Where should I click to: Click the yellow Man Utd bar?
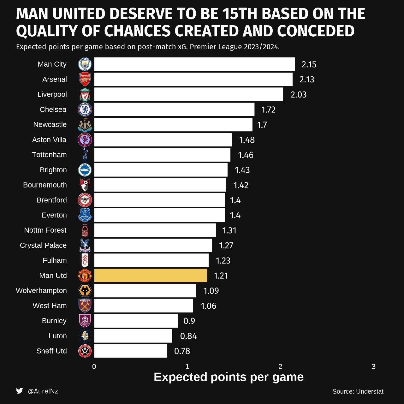tap(151, 276)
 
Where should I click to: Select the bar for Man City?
tap(194, 64)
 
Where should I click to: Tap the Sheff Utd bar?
tap(130, 351)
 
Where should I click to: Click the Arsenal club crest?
tap(85, 79)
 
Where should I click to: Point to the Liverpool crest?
tap(85, 94)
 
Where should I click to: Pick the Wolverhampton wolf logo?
tap(85, 290)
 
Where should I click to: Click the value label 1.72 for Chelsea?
tap(268, 110)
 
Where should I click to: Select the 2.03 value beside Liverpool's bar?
tap(298, 95)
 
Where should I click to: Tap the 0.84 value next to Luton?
tap(188, 336)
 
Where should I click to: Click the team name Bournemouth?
tap(45, 185)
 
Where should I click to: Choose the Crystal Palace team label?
tap(43, 245)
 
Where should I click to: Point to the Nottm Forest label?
tap(45, 230)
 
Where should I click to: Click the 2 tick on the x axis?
tap(280, 366)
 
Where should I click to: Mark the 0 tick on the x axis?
tap(94, 366)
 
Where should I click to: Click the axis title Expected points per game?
tap(229, 377)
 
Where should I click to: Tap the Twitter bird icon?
tap(20, 391)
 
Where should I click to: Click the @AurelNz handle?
tap(43, 391)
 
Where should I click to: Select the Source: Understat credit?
tap(358, 391)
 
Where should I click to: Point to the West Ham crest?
tap(85, 306)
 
